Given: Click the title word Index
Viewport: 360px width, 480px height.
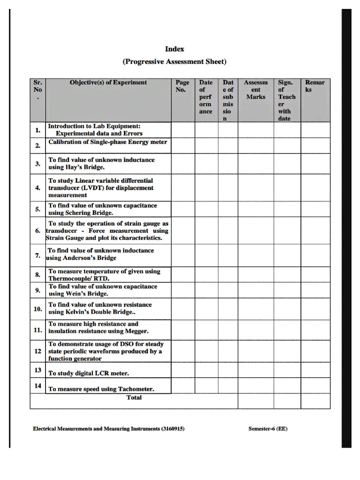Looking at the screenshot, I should [x=174, y=49].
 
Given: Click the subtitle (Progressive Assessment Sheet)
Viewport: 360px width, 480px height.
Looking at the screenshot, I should [x=174, y=61].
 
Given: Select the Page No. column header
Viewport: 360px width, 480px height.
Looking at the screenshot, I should [x=182, y=86].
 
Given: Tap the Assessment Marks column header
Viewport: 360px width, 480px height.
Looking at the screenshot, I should [x=255, y=90].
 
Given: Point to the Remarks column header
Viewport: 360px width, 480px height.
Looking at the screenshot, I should [x=315, y=86].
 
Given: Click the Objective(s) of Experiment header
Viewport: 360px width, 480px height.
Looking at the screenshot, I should [x=108, y=82].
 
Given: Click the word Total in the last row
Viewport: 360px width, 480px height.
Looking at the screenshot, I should [x=134, y=397].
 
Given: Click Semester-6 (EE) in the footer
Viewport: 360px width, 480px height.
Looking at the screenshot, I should [x=268, y=428].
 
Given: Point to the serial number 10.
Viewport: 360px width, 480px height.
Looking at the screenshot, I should [x=37, y=309].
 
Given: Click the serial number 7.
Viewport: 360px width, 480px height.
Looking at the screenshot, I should [x=37, y=255].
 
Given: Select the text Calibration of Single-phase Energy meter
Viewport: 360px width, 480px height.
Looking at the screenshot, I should [x=108, y=142].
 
